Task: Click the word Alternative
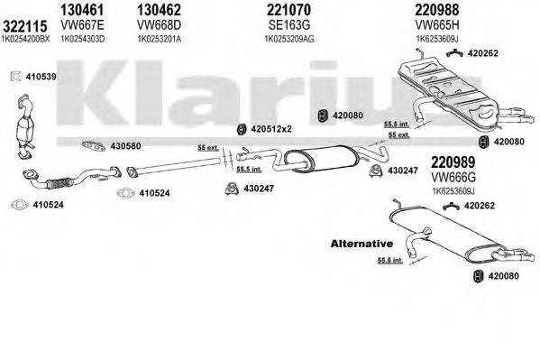[362, 244]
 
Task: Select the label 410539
[41, 77]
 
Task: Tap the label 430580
[125, 145]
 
